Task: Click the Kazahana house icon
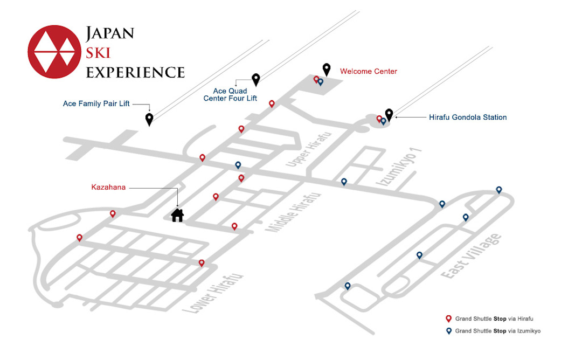coord(177,215)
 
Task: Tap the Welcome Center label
coord(369,71)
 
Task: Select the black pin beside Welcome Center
coord(327,70)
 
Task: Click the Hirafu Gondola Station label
coord(468,117)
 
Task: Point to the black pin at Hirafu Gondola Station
coord(389,115)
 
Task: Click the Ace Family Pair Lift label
coord(96,103)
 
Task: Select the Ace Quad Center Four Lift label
coord(230,94)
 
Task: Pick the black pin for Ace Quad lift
coord(256,80)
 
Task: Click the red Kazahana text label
coord(108,187)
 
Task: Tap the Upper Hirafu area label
coord(309,150)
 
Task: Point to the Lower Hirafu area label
coord(213,294)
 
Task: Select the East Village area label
coord(472,256)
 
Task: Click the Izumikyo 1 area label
coord(399,167)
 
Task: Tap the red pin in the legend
coord(448,319)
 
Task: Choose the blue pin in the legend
coord(448,331)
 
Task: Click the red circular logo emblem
coord(54,52)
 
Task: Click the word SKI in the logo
coord(98,53)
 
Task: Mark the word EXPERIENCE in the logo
coord(135,72)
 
